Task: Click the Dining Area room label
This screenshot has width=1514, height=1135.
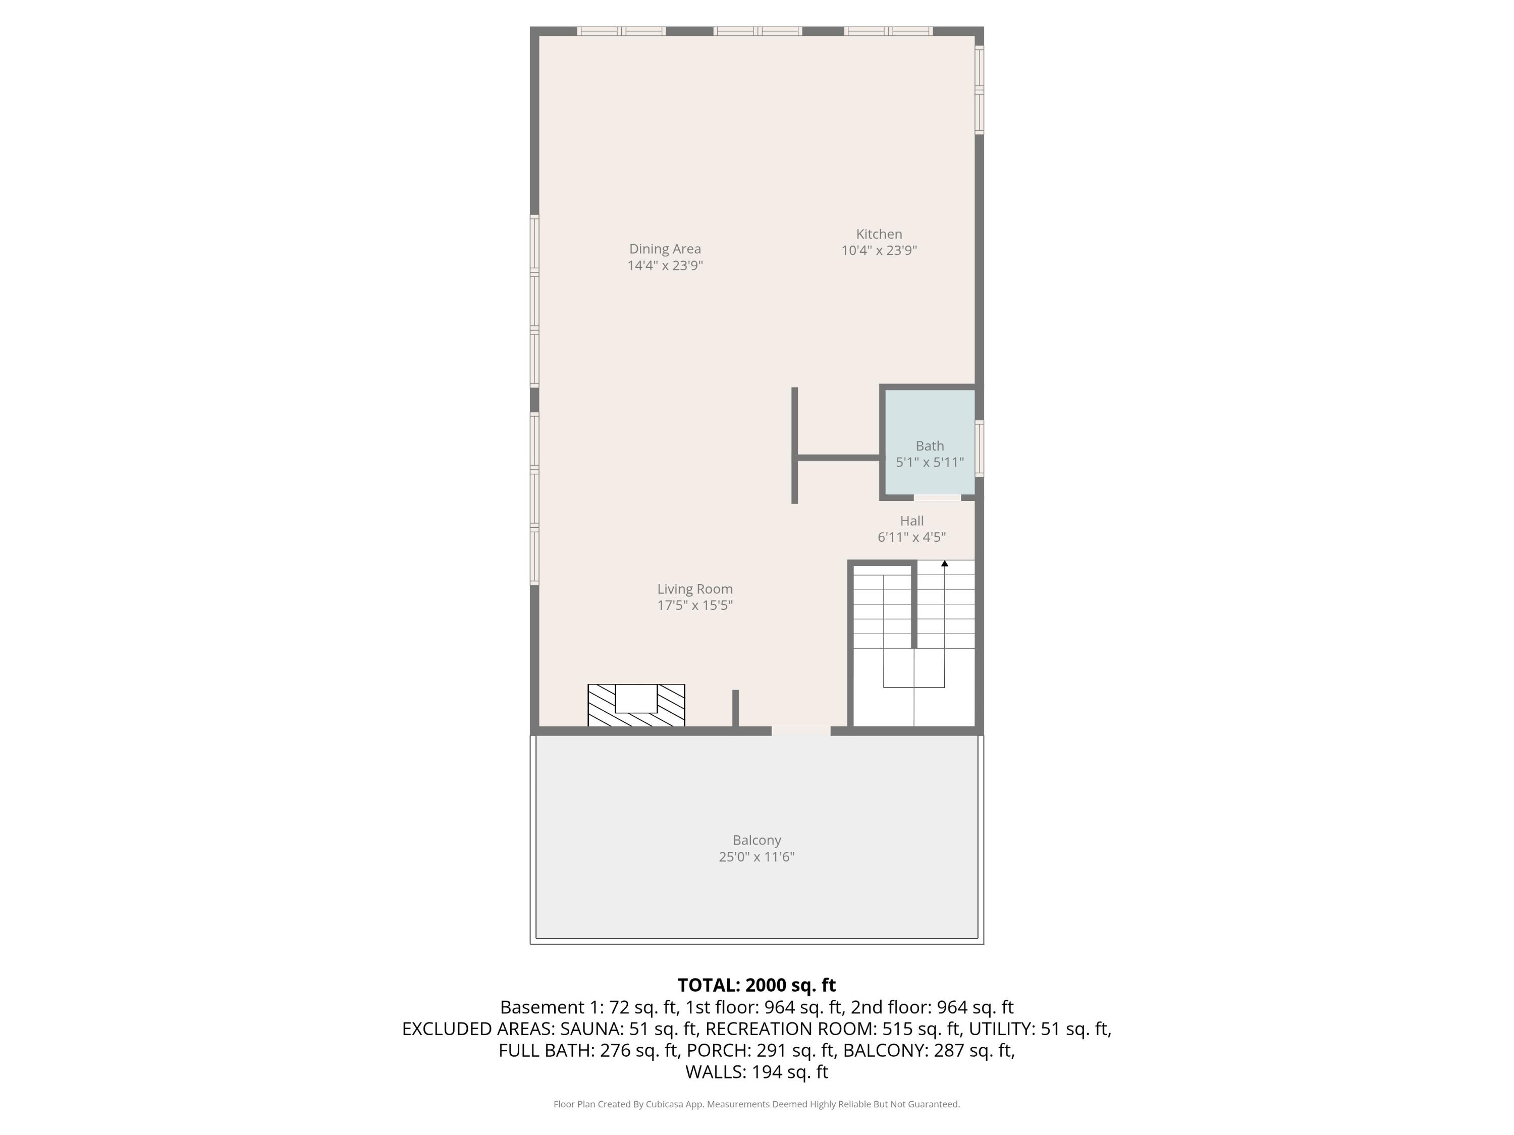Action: click(665, 249)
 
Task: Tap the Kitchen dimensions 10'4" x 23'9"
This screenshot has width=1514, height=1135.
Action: click(879, 250)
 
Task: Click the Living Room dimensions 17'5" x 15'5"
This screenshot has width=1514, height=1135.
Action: click(695, 605)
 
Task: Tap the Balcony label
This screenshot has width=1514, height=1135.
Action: click(756, 840)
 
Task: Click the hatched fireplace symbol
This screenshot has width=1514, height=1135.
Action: click(636, 705)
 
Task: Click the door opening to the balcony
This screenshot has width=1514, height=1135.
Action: click(801, 731)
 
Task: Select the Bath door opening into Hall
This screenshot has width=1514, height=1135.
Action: click(937, 497)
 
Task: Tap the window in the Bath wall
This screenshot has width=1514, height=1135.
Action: click(980, 448)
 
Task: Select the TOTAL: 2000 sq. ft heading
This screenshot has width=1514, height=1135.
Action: click(756, 985)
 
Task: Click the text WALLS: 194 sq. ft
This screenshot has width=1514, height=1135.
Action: click(756, 1072)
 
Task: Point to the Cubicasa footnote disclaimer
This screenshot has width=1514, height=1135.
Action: click(756, 1104)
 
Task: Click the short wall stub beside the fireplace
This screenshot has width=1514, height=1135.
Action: click(736, 708)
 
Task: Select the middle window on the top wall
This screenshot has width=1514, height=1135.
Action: click(757, 31)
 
